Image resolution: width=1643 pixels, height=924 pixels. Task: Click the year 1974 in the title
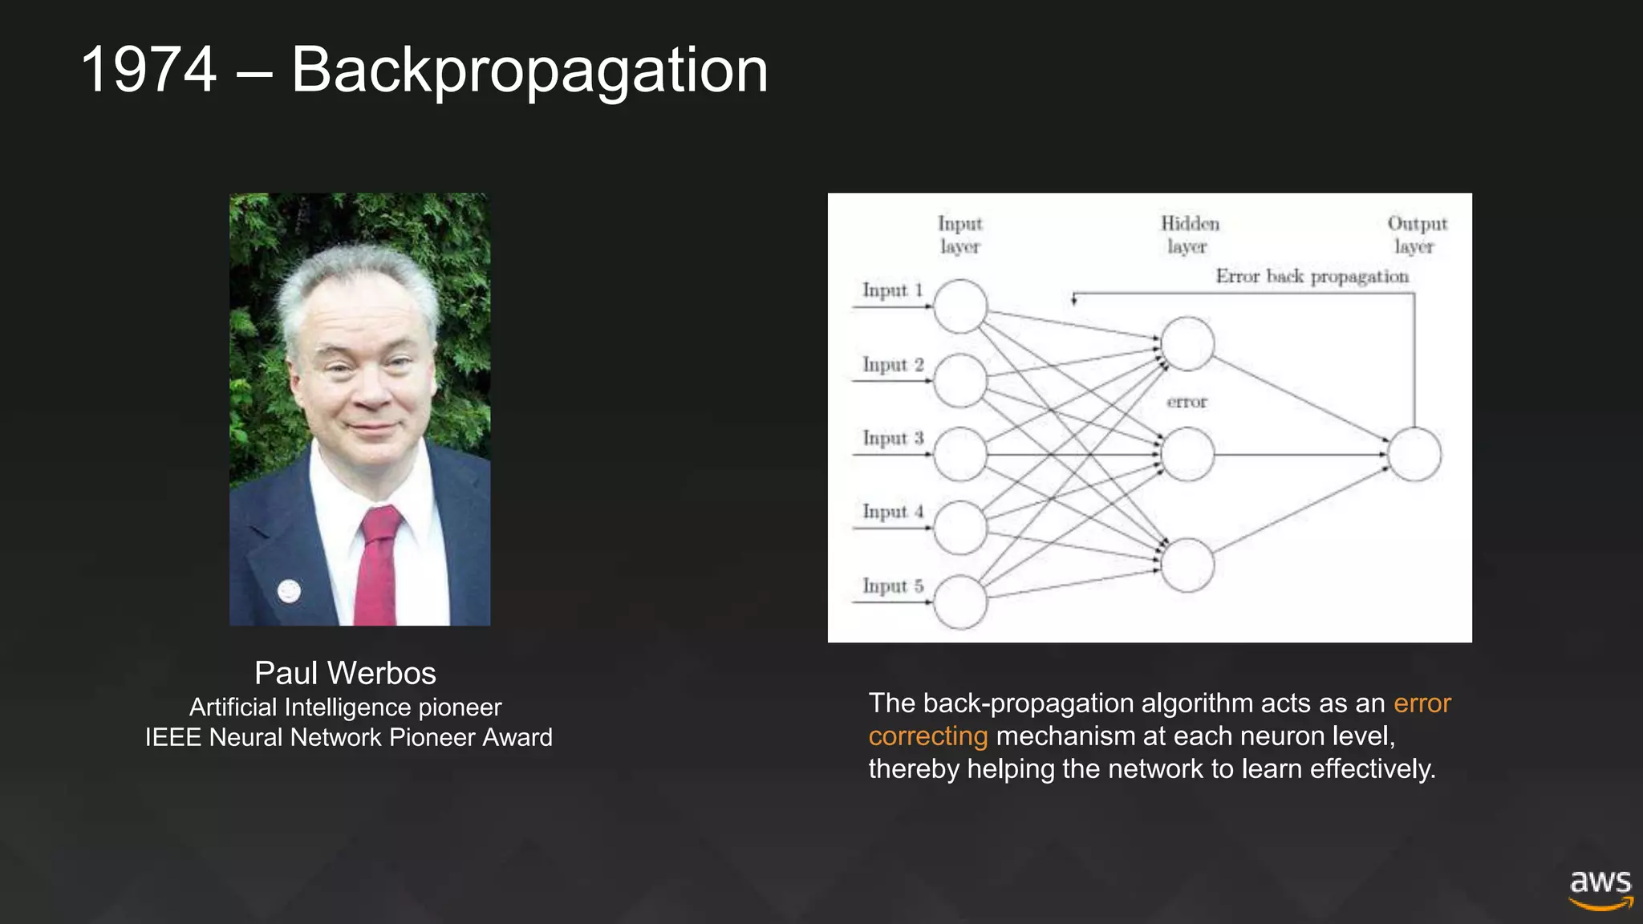pos(148,71)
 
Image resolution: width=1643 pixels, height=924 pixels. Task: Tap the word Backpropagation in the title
pos(529,71)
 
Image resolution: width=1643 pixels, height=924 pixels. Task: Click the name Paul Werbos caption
pos(345,673)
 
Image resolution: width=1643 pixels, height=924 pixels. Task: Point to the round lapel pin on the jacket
pos(289,591)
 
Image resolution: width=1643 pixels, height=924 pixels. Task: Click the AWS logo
pos(1600,889)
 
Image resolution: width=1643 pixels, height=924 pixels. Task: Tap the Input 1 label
pos(892,290)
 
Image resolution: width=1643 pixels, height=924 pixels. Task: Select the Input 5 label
pos(892,586)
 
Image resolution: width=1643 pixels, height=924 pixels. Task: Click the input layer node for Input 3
pos(959,455)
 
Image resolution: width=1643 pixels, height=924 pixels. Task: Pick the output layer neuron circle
pos(1414,455)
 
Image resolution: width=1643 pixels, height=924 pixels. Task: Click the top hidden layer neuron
pos(1187,343)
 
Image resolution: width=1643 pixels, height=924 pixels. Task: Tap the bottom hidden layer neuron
pos(1187,565)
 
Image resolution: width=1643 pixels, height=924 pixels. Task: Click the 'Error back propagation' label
pos(1312,277)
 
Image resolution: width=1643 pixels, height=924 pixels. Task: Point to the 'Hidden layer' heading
pos(1189,234)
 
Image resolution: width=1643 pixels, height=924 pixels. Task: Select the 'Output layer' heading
pos(1417,234)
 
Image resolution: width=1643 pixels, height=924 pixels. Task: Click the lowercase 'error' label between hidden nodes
pos(1187,402)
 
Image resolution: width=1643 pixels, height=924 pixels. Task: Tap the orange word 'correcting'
pos(928,736)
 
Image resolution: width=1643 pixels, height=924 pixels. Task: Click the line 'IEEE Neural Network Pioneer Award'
pos(348,737)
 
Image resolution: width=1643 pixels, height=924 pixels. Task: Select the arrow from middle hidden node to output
pos(1300,455)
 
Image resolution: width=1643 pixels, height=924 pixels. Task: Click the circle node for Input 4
pos(959,528)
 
